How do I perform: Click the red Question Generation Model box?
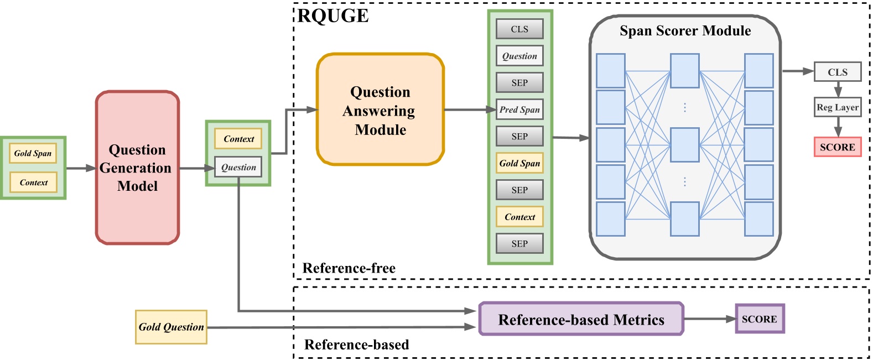pyautogui.click(x=137, y=168)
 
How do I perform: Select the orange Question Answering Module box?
pyautogui.click(x=380, y=110)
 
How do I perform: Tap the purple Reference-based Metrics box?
pyautogui.click(x=581, y=319)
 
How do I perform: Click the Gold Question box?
pyautogui.click(x=171, y=327)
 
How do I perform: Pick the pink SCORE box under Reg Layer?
pyautogui.click(x=837, y=147)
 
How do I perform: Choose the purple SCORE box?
pyautogui.click(x=759, y=319)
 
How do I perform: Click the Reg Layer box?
pyautogui.click(x=837, y=107)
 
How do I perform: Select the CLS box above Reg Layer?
pyautogui.click(x=837, y=72)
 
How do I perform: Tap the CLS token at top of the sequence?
pyautogui.click(x=519, y=29)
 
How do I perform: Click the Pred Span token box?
pyautogui.click(x=519, y=109)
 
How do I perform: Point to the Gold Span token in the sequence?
pyautogui.click(x=519, y=163)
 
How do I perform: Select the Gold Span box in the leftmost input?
pyautogui.click(x=33, y=153)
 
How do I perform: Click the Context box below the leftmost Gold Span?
pyautogui.click(x=33, y=182)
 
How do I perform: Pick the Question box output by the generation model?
pyautogui.click(x=238, y=167)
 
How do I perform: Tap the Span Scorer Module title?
pyautogui.click(x=685, y=31)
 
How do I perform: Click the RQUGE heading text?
pyautogui.click(x=333, y=16)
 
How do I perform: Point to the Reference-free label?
pyautogui.click(x=349, y=268)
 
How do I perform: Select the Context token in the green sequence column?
pyautogui.click(x=519, y=217)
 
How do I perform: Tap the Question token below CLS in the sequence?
pyautogui.click(x=519, y=56)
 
